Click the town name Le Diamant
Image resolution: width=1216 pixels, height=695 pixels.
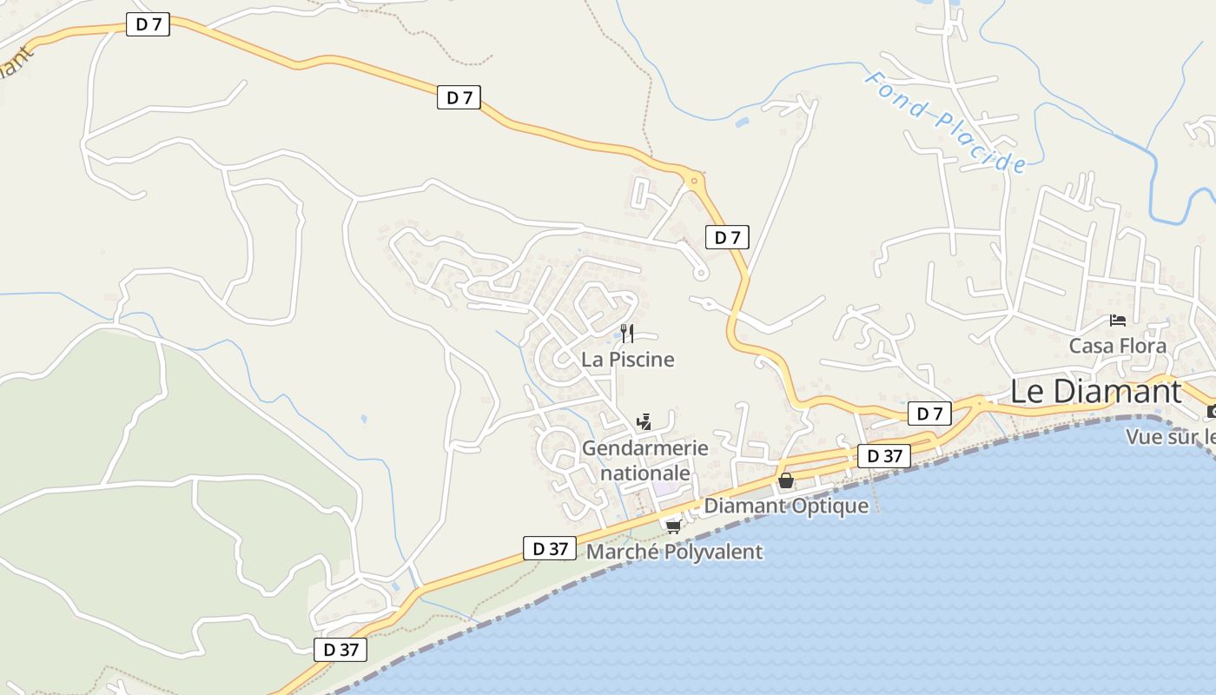click(x=1095, y=391)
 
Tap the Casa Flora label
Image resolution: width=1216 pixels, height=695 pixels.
click(x=1117, y=346)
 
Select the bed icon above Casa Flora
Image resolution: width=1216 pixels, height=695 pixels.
click(x=1118, y=321)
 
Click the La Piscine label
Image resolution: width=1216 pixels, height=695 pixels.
click(x=627, y=359)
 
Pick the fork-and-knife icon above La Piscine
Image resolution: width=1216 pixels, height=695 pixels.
click(x=627, y=333)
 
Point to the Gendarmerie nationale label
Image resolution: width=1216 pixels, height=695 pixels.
click(x=644, y=460)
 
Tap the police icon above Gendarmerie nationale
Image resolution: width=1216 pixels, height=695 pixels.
click(x=644, y=423)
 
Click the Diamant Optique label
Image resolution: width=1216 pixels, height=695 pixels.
click(x=786, y=506)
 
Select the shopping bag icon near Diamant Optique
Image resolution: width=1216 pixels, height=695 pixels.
click(x=785, y=480)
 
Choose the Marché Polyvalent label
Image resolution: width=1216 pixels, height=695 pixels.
click(x=674, y=552)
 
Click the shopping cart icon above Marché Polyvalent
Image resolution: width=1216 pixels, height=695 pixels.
click(x=672, y=526)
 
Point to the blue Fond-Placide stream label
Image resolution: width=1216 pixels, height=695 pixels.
click(x=945, y=122)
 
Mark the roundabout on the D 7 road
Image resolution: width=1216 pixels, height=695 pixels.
click(x=694, y=182)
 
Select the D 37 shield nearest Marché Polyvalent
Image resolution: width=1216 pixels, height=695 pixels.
click(x=551, y=548)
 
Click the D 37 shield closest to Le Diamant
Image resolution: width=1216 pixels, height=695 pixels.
click(x=884, y=456)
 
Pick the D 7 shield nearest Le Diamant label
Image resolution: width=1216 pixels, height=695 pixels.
click(x=929, y=414)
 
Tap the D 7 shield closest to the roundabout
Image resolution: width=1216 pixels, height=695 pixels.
click(x=727, y=237)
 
